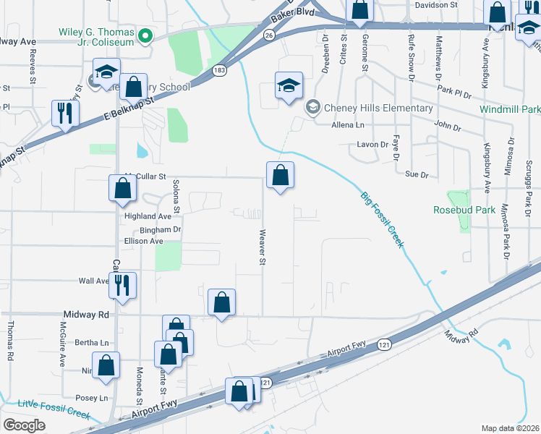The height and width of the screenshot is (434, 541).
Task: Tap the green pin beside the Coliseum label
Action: point(144,35)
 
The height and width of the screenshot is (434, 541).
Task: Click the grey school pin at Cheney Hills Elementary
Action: point(312,109)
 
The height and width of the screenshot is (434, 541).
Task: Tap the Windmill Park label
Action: point(510,109)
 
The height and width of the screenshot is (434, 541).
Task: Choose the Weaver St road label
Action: point(263,247)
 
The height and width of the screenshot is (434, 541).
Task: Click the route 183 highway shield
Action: point(220,70)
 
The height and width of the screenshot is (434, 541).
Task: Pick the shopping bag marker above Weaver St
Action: point(280,175)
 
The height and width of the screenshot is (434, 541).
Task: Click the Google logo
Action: point(24,425)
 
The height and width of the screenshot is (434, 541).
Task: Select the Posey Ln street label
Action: point(91,398)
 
